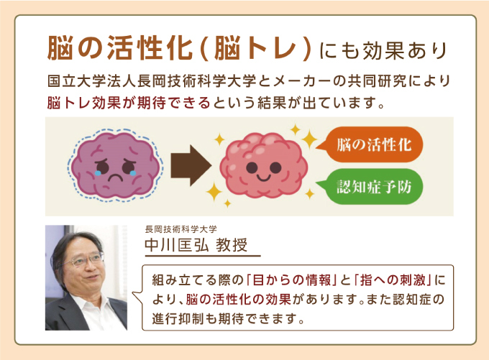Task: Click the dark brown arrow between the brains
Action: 191,165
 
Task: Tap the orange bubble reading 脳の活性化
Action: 370,144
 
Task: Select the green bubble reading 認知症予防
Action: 370,186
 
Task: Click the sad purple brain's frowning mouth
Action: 115,178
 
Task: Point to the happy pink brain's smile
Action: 263,178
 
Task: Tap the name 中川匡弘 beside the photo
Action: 176,245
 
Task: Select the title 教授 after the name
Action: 232,245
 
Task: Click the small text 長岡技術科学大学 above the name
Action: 181,229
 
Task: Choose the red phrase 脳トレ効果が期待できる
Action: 129,103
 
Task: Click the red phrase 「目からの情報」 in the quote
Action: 291,280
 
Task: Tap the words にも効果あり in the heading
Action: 383,50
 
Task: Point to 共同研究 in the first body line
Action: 377,81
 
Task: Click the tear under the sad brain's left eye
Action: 98,172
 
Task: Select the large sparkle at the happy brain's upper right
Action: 309,139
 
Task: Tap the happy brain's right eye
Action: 275,167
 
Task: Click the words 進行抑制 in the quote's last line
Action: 178,318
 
